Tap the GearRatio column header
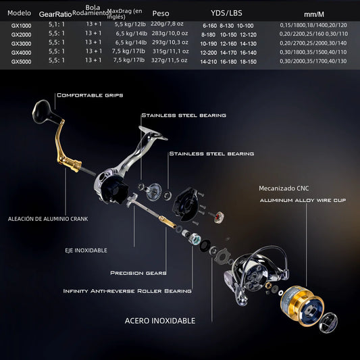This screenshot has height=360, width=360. [55, 14]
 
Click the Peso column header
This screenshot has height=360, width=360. [161, 14]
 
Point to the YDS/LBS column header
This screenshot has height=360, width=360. [226, 13]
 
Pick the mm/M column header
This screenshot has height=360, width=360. [314, 14]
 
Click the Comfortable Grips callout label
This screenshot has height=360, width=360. [90, 96]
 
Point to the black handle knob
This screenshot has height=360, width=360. [43, 108]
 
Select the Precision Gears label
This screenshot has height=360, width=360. [138, 274]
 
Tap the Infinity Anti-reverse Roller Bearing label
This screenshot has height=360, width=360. [127, 291]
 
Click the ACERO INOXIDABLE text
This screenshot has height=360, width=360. [160, 321]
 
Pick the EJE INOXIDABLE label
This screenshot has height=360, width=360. [86, 250]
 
